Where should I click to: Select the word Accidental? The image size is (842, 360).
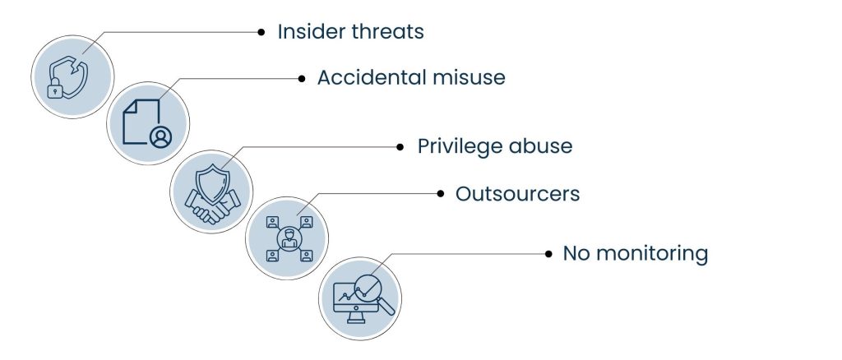(368, 78)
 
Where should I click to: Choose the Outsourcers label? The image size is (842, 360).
(518, 194)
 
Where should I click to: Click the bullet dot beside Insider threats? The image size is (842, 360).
(261, 33)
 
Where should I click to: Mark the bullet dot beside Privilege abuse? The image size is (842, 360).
(400, 148)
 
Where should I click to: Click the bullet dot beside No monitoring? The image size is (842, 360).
(547, 254)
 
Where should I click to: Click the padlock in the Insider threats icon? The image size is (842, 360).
(55, 90)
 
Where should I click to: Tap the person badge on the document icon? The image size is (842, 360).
(161, 137)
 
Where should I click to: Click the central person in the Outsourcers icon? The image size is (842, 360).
(287, 238)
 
